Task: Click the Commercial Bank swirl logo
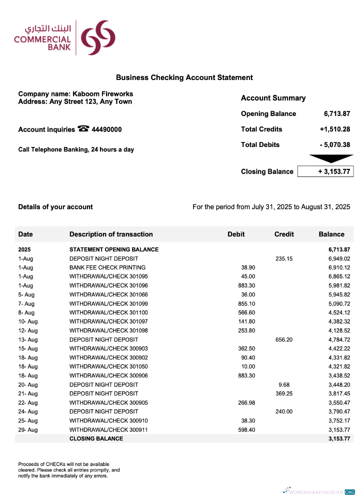pos(98,38)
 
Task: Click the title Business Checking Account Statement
pos(184,77)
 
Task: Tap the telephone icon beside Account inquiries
pos(83,129)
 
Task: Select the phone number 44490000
pos(106,129)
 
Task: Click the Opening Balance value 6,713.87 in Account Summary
pos(336,113)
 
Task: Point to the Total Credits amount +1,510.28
pos(334,129)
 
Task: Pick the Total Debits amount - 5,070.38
pos(334,144)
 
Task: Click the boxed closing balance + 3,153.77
pos(325,171)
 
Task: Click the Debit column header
pos(236,234)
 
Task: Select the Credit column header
pos(284,234)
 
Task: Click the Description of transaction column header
pos(111,234)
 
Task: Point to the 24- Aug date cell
pos(27,411)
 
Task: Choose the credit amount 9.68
pos(284,384)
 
